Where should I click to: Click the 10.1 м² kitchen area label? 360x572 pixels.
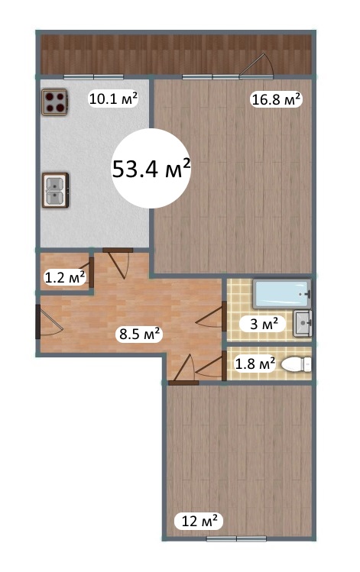(x=113, y=99)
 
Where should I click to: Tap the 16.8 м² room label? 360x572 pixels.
(x=276, y=99)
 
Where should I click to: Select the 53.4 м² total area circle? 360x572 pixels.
(x=151, y=168)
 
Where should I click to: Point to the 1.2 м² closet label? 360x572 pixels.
(x=65, y=278)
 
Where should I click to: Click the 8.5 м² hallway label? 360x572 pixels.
(x=140, y=334)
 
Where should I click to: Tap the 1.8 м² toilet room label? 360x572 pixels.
(x=255, y=364)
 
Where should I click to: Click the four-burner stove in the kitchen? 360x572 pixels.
(x=54, y=102)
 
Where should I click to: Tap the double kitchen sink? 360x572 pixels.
(x=56, y=190)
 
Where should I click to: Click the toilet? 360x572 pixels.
(x=297, y=364)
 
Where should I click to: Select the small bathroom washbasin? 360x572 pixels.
(x=303, y=323)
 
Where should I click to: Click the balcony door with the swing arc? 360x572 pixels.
(x=257, y=66)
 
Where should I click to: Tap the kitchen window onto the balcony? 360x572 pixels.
(x=93, y=77)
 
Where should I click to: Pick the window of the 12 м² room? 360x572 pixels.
(x=236, y=539)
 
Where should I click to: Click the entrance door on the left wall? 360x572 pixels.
(x=48, y=322)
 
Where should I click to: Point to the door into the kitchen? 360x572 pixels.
(x=118, y=263)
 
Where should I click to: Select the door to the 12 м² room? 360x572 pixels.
(x=183, y=370)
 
